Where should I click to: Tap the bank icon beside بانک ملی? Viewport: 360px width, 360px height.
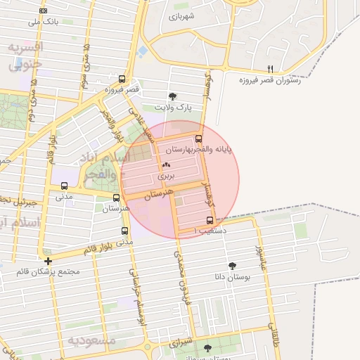coord(44,11)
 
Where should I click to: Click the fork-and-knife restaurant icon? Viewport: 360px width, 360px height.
coord(270,69)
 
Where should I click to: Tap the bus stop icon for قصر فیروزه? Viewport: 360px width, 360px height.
coord(122,79)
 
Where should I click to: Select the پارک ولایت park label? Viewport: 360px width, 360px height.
coord(173,108)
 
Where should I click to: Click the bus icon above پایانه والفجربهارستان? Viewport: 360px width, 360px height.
coord(198,139)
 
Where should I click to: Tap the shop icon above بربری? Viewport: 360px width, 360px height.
coord(166,164)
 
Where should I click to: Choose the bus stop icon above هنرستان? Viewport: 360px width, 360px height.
coord(116,198)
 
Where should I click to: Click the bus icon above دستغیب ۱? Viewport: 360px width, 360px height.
coord(210,219)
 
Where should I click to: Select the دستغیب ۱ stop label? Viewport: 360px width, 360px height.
coord(210,230)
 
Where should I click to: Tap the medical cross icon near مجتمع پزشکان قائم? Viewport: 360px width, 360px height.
coord(48,261)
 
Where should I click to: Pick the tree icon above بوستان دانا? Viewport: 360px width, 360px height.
coord(232,266)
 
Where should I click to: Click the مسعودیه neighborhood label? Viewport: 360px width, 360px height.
coord(91,340)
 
